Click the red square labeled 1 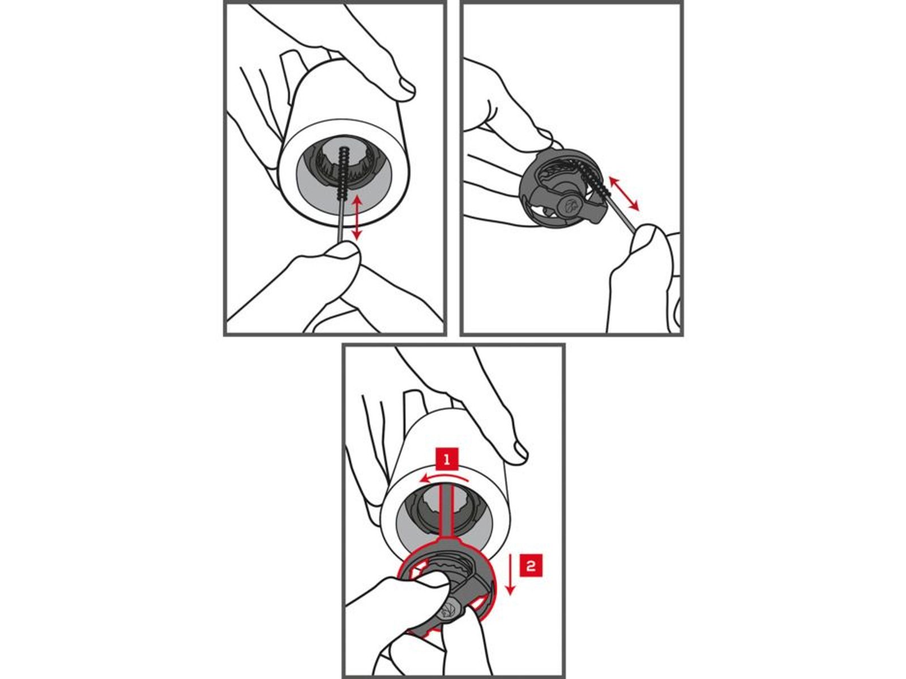pos(447,459)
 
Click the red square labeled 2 pos(531,565)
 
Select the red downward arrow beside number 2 pos(511,574)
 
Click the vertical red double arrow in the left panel pos(357,218)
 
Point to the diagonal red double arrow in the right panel pos(624,194)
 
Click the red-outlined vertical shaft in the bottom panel pos(448,511)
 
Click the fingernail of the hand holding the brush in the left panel pos(343,250)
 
